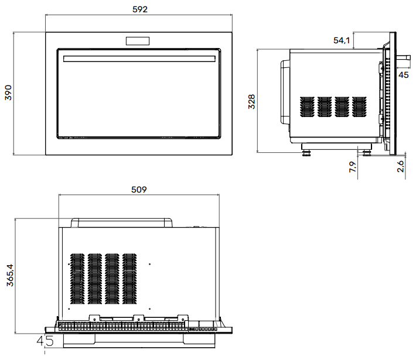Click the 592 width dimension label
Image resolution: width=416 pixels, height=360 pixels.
(140, 10)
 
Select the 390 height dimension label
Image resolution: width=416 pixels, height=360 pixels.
(8, 93)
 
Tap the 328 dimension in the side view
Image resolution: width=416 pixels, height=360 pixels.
(251, 101)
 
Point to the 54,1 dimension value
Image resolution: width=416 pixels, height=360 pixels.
(341, 40)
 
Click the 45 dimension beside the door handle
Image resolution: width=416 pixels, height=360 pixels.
(404, 74)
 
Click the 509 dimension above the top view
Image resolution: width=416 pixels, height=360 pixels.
(139, 190)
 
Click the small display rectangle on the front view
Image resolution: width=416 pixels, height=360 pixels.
(138, 41)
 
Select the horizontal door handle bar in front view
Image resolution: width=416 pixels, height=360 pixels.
(138, 59)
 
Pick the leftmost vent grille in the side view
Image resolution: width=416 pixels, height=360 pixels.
(308, 106)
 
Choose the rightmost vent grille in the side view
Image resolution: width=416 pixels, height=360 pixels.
(358, 106)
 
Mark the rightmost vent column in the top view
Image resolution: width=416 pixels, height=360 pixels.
(129, 279)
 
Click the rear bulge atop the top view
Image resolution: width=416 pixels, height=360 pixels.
(122, 222)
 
